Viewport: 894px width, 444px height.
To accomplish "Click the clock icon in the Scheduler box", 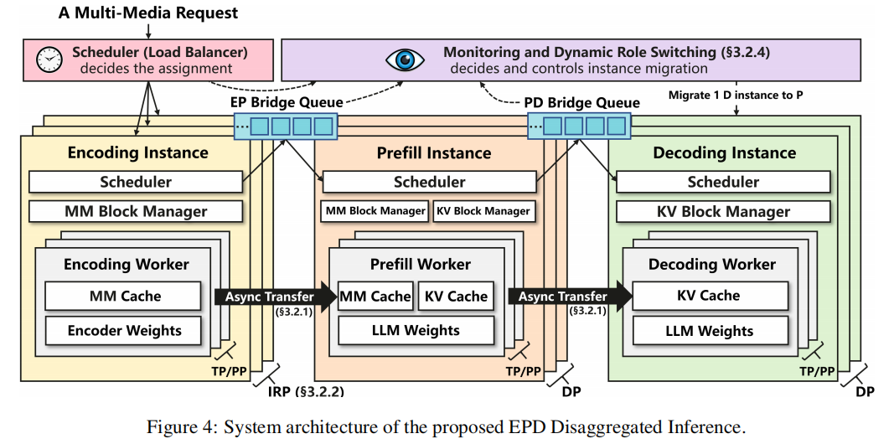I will point(51,59).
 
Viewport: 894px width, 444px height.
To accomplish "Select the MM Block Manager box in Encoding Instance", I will point(136,211).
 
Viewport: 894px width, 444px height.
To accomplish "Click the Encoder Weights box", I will point(124,330).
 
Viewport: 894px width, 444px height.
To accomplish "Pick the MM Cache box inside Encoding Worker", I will point(124,296).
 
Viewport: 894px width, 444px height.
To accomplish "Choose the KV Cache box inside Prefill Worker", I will point(456,296).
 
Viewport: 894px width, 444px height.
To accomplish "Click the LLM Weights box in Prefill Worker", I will point(416,330).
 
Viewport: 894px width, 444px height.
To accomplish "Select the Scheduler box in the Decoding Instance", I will point(723,182).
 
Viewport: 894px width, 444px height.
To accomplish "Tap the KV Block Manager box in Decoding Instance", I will point(723,211).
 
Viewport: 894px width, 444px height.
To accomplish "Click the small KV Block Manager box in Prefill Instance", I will point(483,211).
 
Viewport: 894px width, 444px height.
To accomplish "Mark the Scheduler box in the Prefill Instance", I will point(429,182).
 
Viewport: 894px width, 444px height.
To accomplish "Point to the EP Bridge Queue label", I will point(286,102).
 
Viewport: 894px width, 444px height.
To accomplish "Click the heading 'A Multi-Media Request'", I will point(148,13).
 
